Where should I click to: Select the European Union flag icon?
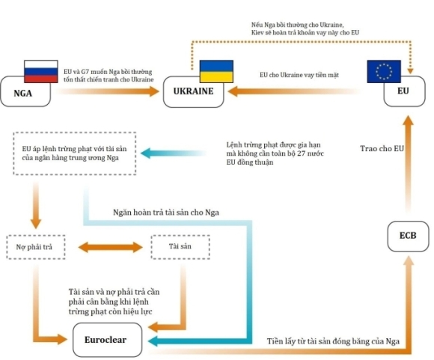(x=384, y=71)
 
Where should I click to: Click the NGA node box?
(x=28, y=93)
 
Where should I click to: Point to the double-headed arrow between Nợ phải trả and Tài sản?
(x=109, y=246)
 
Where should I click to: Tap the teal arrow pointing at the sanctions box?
(x=180, y=154)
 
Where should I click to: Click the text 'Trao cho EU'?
(x=382, y=149)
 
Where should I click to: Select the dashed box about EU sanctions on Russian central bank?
(x=73, y=154)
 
